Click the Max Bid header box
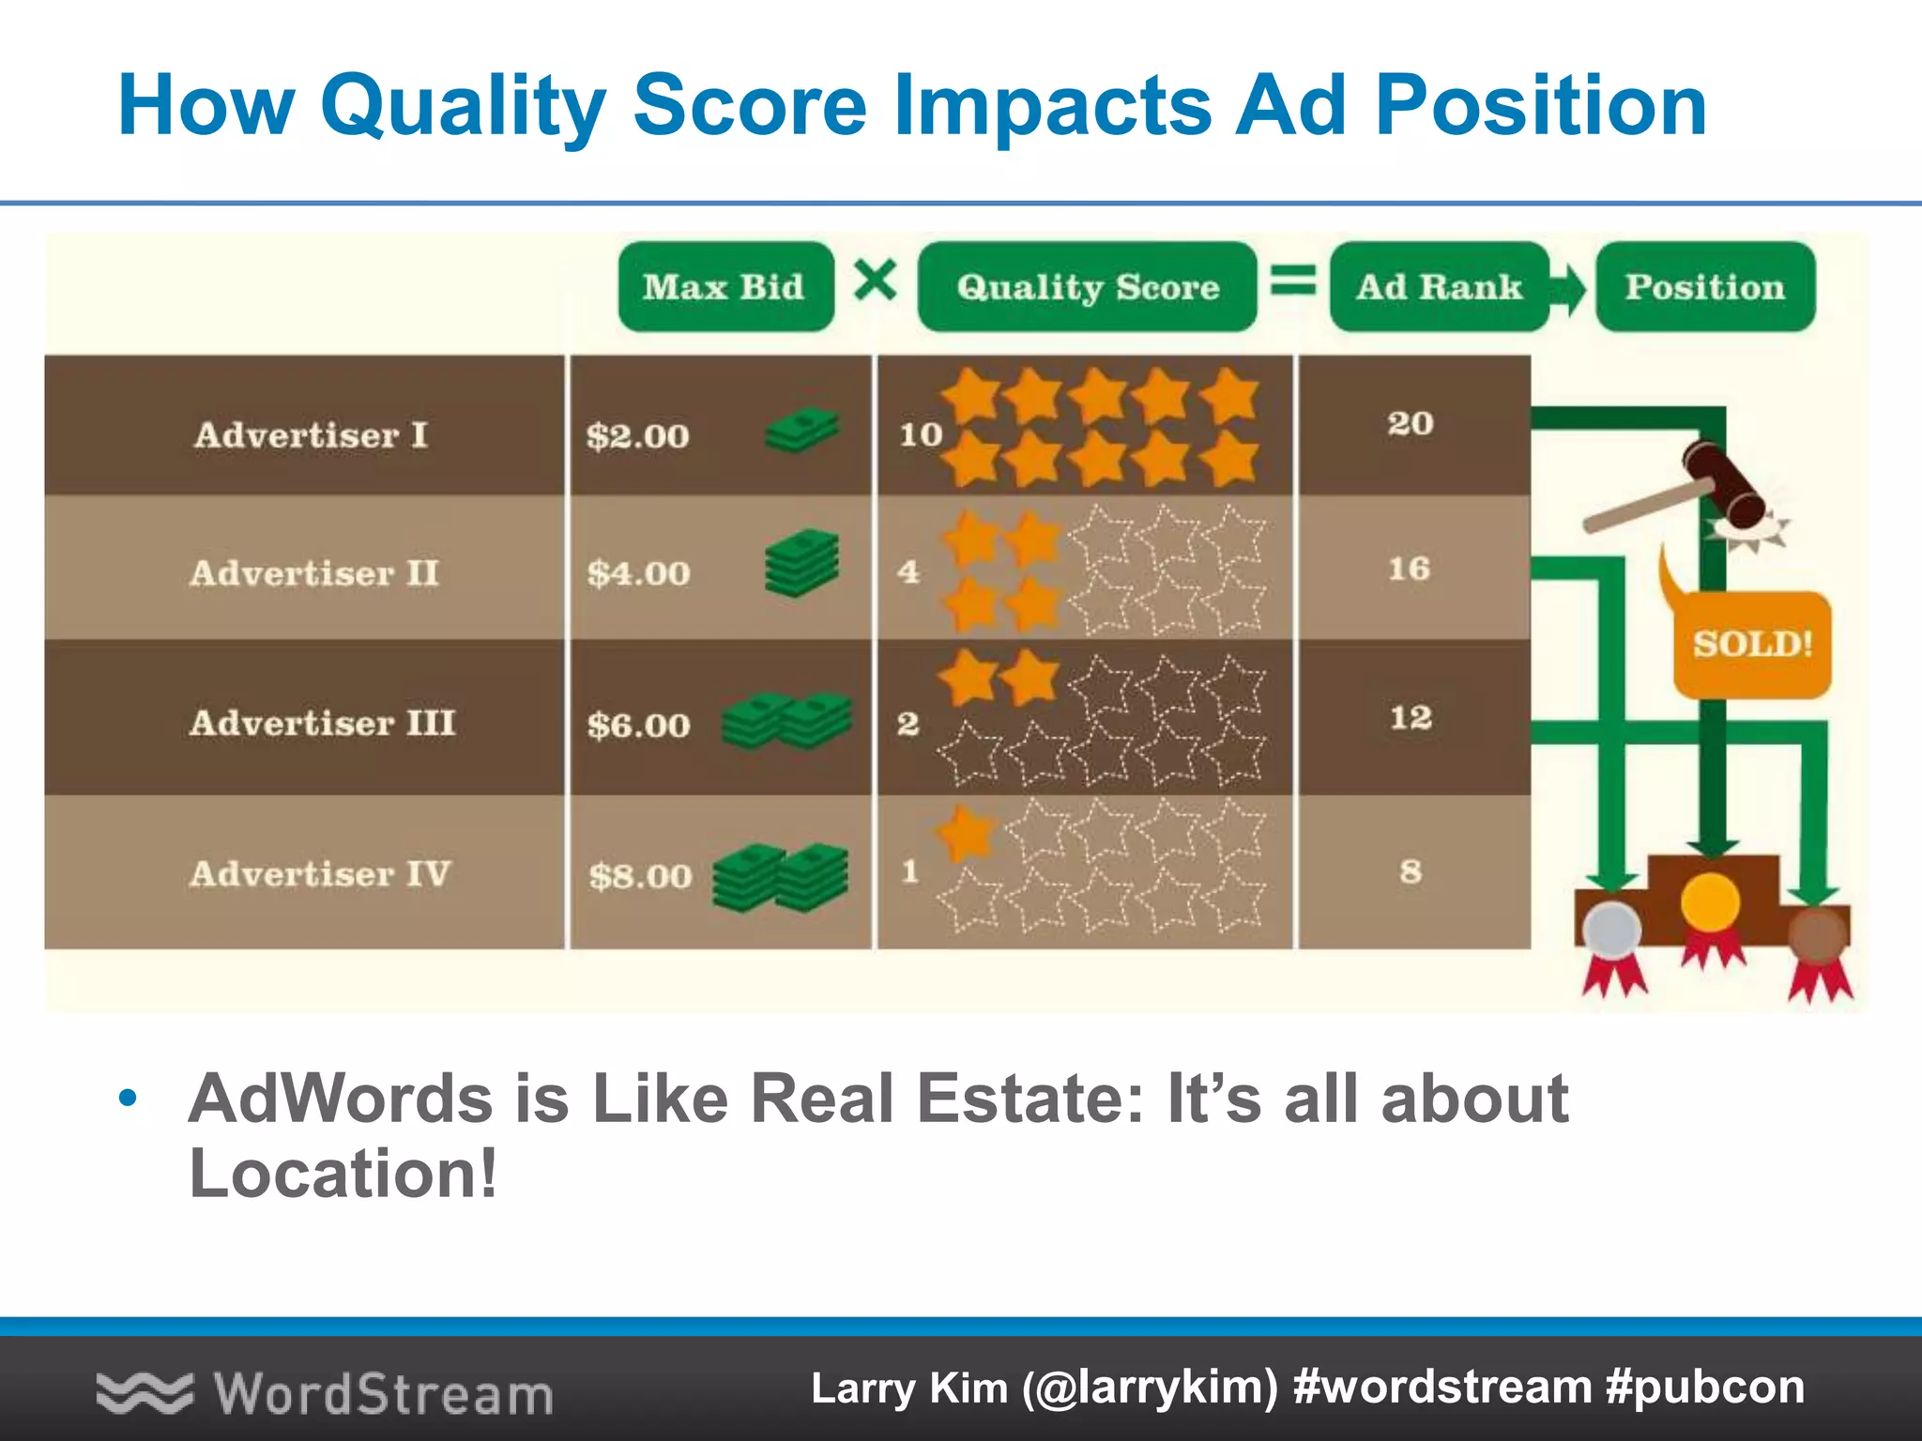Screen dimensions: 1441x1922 [x=725, y=286]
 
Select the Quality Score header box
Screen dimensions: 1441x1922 [x=1087, y=286]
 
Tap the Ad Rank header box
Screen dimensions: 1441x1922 [x=1439, y=286]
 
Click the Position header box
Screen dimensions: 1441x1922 [x=1704, y=286]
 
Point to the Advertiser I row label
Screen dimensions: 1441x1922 [x=311, y=435]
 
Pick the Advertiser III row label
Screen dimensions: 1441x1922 [x=322, y=722]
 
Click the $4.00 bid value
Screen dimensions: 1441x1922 [x=638, y=573]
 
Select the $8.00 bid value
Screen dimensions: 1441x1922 [x=640, y=876]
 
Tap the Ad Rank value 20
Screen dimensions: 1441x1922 [x=1411, y=423]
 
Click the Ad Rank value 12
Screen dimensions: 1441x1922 [x=1411, y=718]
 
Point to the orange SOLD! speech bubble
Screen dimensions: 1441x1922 [x=1752, y=644]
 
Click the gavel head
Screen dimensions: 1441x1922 [x=1723, y=483]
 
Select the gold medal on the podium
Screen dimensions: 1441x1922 [x=1710, y=903]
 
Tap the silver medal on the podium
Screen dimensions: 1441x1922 [x=1611, y=931]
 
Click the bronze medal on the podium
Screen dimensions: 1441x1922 [x=1818, y=934]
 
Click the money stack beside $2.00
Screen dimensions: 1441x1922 [x=801, y=431]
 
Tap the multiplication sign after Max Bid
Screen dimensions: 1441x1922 [x=875, y=280]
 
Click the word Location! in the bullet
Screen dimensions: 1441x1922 [x=343, y=1174]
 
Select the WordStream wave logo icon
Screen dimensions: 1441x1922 [x=144, y=1392]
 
